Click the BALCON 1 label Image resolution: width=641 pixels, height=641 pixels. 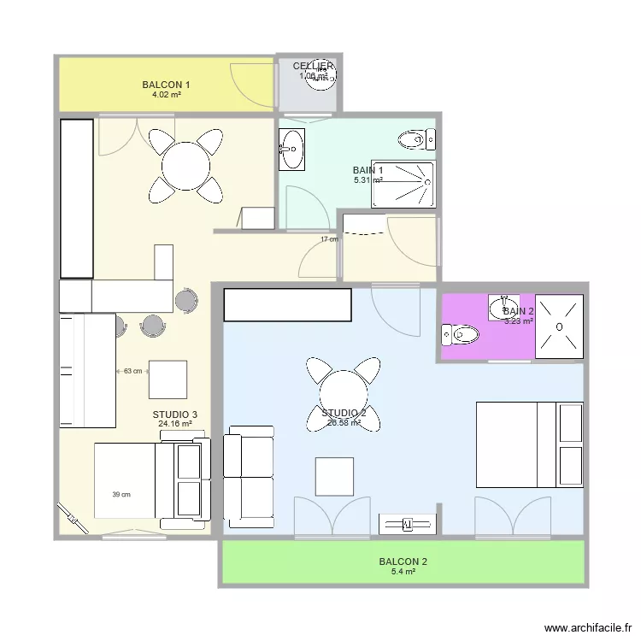166,85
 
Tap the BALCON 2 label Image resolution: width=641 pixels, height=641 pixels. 403,562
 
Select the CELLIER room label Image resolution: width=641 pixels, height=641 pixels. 313,66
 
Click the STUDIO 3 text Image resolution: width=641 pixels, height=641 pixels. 174,415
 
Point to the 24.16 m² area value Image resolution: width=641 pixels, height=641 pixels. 174,423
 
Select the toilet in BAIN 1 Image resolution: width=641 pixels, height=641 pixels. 416,138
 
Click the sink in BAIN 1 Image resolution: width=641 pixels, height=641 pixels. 291,150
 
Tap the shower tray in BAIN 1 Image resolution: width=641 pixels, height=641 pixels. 403,185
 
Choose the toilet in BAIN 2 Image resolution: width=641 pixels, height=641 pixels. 462,334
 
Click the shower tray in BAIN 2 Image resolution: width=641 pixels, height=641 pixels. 559,326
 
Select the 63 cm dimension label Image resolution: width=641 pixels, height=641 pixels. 132,371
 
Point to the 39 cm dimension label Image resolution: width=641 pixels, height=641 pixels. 121,494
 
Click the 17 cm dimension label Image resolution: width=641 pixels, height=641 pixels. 329,239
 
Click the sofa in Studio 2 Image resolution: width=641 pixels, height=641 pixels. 249,475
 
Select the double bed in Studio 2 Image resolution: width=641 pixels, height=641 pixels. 529,445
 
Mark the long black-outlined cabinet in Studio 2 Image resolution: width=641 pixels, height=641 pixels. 288,304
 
